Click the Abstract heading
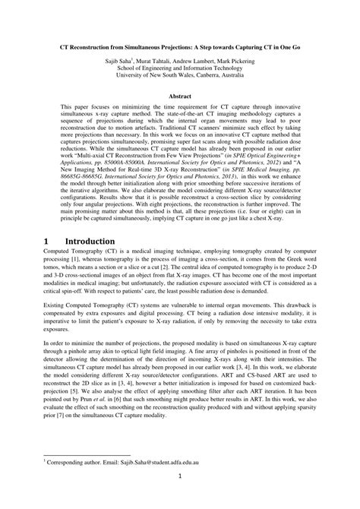click(x=180, y=98)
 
